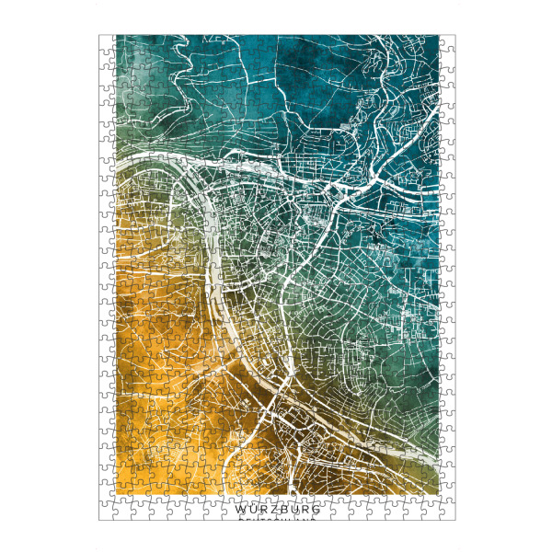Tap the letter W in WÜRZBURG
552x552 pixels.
tap(240, 508)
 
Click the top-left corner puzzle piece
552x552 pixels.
tap(106, 41)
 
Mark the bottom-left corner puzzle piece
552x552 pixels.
tap(106, 513)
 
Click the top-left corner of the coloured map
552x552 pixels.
tap(116, 37)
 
